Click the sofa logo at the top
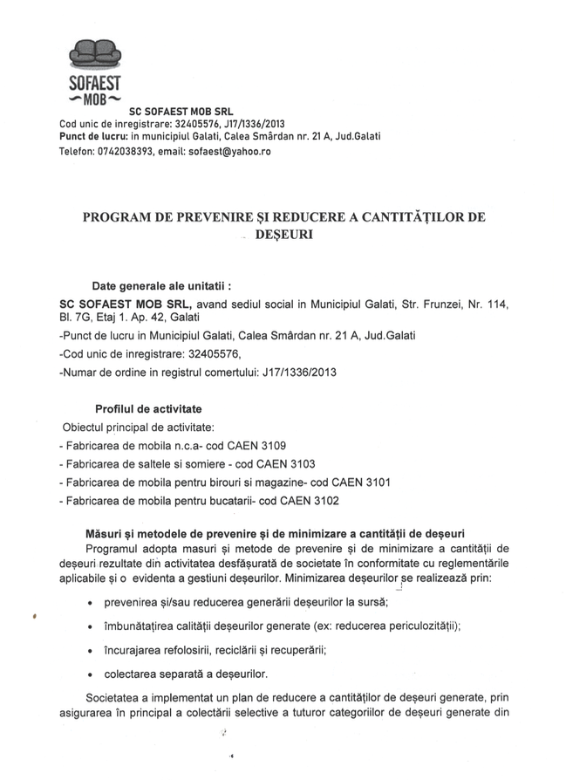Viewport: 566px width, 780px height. tap(95, 55)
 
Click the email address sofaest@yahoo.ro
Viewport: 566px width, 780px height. tap(229, 151)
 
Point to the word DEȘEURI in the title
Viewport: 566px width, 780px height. tap(283, 235)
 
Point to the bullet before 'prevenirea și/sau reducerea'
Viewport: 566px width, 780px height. tap(92, 604)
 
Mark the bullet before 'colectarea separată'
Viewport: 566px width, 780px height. tap(92, 674)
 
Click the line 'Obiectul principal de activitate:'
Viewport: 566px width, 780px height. tap(137, 427)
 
